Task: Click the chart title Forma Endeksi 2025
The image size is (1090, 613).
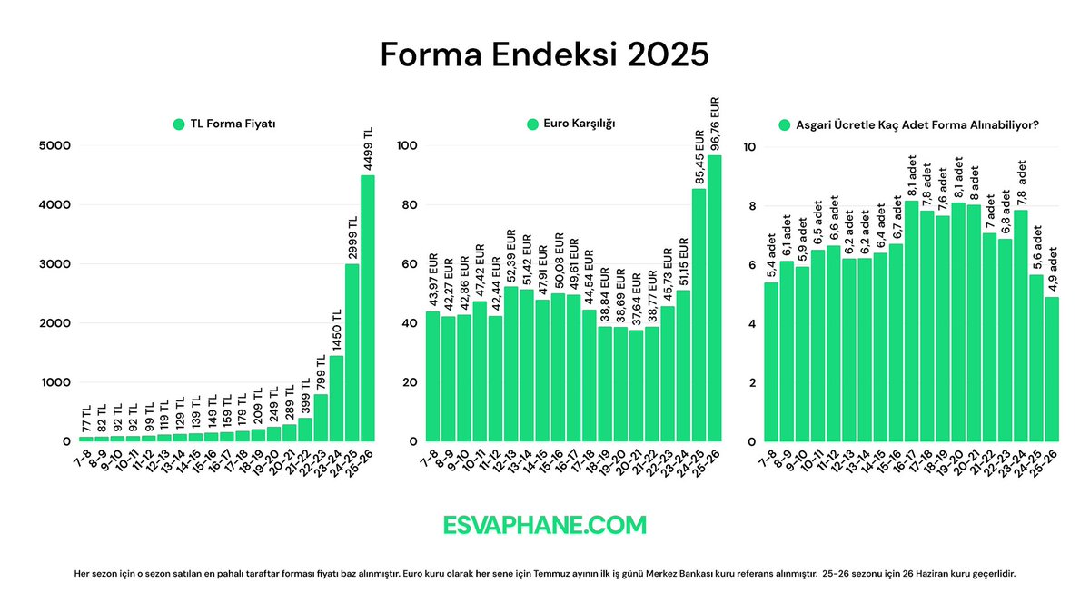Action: coord(544,54)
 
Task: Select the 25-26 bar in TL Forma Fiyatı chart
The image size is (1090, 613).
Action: coord(367,309)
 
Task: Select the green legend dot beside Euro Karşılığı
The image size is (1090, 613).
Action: coord(532,124)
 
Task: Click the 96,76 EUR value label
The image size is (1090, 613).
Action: coord(715,123)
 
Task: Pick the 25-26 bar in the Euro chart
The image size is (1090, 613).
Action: coord(714,300)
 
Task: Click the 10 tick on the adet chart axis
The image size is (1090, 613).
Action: coord(749,145)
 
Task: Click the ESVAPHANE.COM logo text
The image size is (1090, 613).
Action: coord(545,525)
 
